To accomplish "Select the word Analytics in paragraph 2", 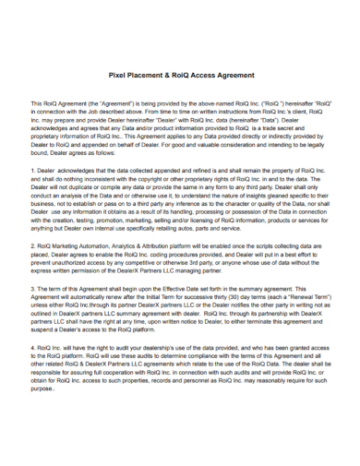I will coord(135,247).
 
